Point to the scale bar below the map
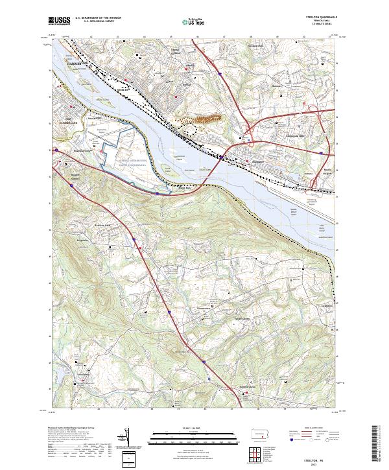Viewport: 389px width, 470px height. coord(194,438)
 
